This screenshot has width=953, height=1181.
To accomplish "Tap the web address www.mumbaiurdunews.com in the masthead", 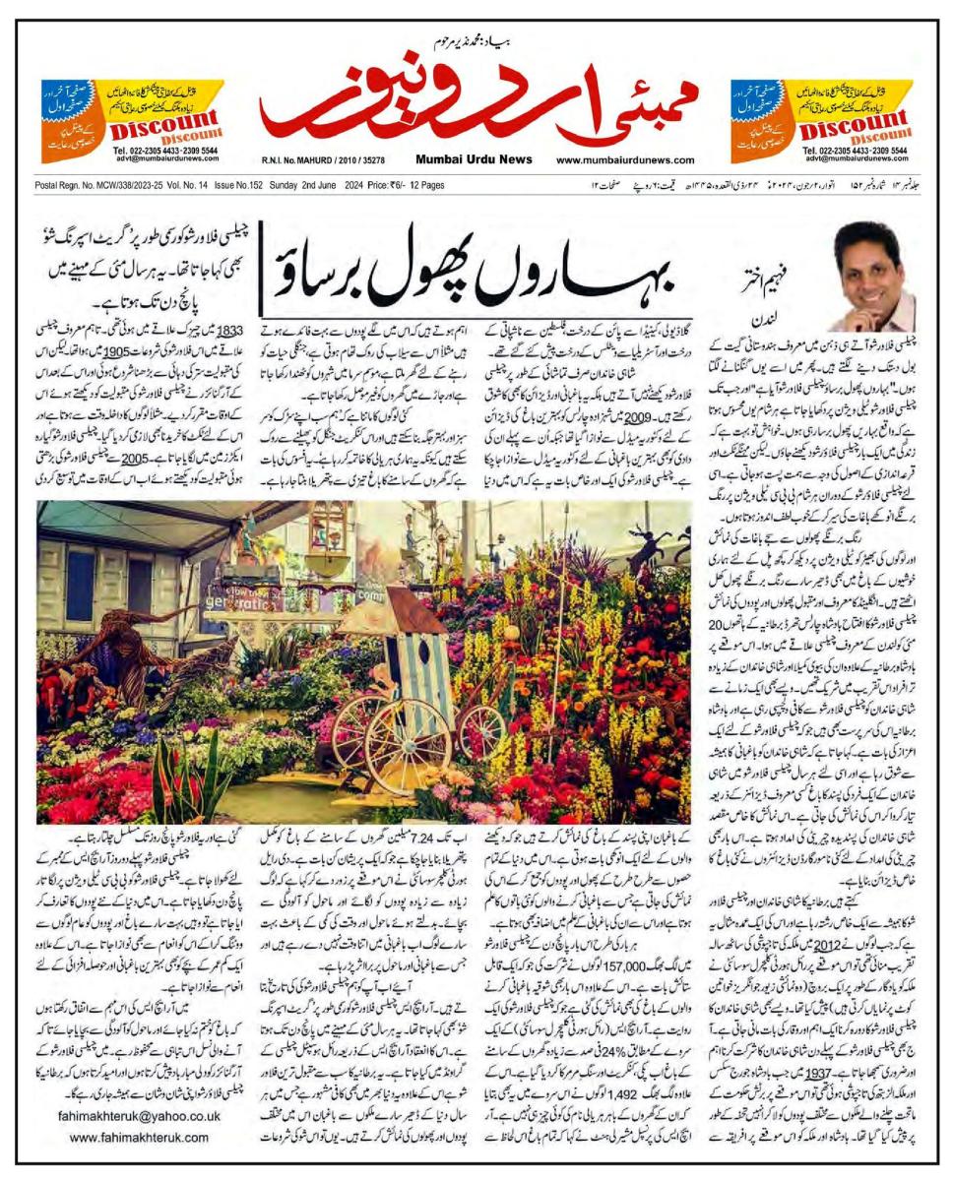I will [x=621, y=160].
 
